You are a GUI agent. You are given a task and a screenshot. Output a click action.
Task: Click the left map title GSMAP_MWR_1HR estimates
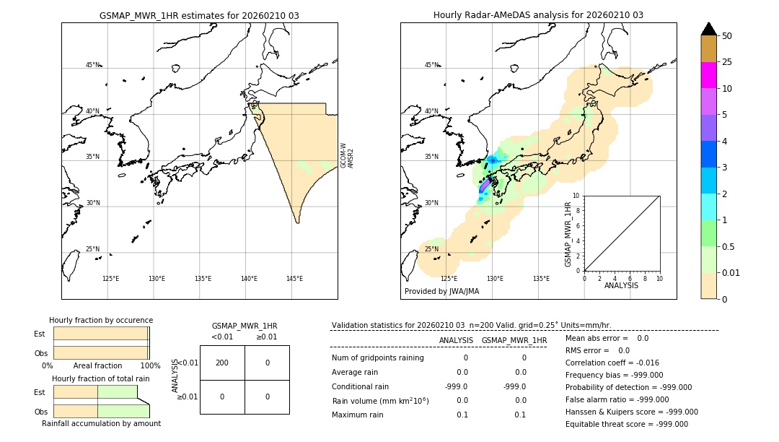pos(199,15)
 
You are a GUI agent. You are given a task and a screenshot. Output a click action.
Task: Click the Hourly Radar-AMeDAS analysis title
pos(538,15)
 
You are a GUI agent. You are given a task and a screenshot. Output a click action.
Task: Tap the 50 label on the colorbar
pos(727,36)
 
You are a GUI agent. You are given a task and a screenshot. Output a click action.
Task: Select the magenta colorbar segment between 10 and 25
pos(708,75)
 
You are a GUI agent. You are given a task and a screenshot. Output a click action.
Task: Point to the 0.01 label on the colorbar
pos(731,273)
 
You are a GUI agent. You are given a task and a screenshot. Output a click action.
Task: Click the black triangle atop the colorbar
pos(708,29)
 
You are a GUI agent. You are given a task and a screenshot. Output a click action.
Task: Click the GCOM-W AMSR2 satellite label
pos(347,155)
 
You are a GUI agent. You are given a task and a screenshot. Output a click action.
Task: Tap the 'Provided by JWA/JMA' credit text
pos(441,291)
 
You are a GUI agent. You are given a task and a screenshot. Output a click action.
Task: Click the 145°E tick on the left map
pos(294,279)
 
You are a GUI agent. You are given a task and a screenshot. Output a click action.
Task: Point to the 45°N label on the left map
pos(93,65)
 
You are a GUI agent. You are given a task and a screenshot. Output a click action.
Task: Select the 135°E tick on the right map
pos(541,279)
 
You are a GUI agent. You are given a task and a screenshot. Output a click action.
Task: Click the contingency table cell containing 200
pos(222,363)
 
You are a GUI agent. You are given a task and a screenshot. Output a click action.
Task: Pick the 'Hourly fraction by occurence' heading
pos(101,320)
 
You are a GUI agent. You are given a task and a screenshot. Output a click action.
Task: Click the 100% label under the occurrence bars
pos(150,366)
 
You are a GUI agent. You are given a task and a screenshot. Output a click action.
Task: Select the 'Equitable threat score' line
pos(626,424)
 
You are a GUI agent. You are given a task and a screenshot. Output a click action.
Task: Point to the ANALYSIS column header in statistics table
pos(456,340)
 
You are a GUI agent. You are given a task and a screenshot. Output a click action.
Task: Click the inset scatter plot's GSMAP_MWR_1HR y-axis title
pos(568,235)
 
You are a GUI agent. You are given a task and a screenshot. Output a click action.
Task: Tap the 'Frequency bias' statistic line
pos(614,375)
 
